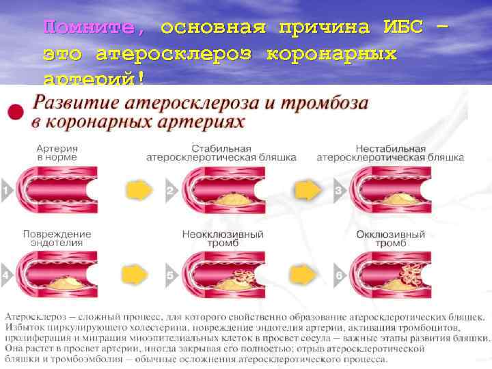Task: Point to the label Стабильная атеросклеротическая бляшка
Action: (x=221, y=152)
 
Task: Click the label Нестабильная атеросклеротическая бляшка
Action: (x=390, y=152)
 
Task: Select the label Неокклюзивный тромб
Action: (x=220, y=238)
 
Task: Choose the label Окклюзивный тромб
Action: (x=390, y=238)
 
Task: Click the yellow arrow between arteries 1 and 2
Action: (x=137, y=189)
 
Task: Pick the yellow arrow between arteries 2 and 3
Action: (x=305, y=189)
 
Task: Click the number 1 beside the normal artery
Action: (x=5, y=191)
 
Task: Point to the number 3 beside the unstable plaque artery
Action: (x=337, y=191)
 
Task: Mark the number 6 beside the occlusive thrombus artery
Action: (x=337, y=275)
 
